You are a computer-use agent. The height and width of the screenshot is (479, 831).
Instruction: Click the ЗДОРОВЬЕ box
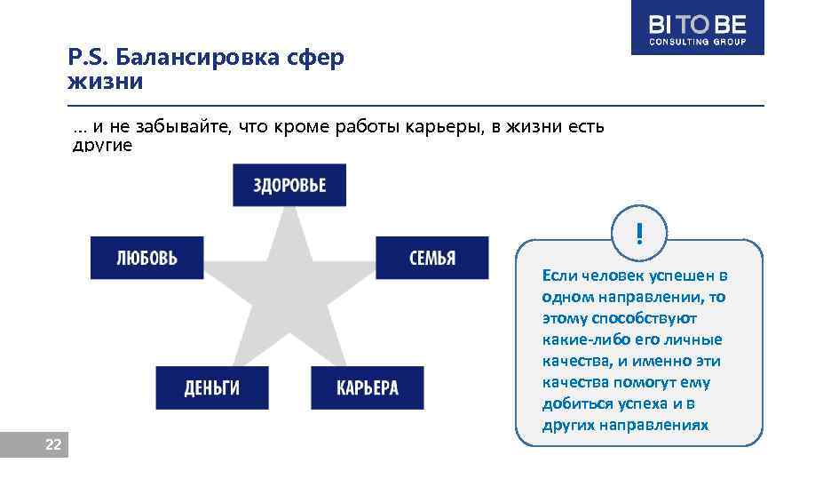[x=289, y=185]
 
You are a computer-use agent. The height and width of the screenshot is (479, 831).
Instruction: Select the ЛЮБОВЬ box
[x=146, y=258]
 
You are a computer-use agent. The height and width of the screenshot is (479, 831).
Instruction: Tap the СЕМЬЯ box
[x=432, y=258]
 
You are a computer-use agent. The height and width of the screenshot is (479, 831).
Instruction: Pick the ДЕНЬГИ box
[x=212, y=387]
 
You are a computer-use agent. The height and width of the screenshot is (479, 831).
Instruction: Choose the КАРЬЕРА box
[x=367, y=387]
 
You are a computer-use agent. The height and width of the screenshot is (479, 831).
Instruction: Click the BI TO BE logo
[x=697, y=28]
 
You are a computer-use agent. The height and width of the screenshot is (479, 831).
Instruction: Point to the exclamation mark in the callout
[x=638, y=234]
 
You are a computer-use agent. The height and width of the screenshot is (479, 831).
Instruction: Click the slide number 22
[x=53, y=444]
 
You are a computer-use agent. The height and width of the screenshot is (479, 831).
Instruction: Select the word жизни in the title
[x=105, y=83]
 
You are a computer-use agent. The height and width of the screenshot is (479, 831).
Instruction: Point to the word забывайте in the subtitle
[x=188, y=126]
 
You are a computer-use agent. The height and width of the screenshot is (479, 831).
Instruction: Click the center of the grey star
[x=289, y=298]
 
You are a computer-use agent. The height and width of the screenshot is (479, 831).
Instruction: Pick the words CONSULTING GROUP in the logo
[x=697, y=42]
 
